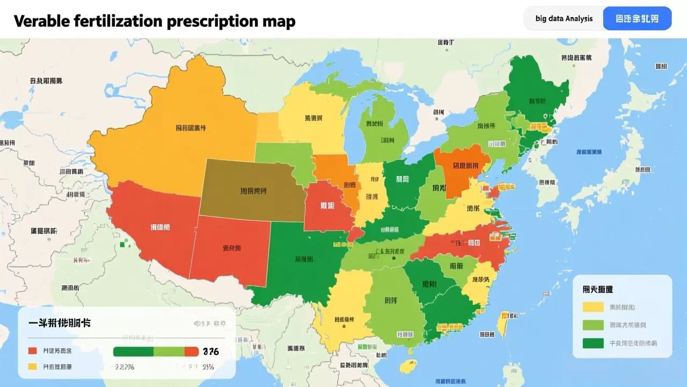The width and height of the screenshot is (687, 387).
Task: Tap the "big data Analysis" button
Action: point(564,18)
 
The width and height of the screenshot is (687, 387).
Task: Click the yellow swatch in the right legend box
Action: point(593,307)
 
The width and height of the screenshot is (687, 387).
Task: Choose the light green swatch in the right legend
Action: point(593,325)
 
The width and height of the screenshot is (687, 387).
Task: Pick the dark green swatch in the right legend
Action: point(593,343)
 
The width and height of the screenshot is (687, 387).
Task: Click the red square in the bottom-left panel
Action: point(33,350)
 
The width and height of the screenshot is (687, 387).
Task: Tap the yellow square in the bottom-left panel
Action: point(33,367)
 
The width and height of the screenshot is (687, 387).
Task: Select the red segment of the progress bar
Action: point(191,352)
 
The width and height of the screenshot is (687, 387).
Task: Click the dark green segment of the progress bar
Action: point(134,352)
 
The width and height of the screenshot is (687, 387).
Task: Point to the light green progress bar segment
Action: point(169,352)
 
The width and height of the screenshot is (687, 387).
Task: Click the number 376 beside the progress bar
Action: point(211,352)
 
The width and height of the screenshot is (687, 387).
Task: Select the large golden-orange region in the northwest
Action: point(177,129)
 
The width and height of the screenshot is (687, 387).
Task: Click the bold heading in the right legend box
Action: point(597,289)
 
